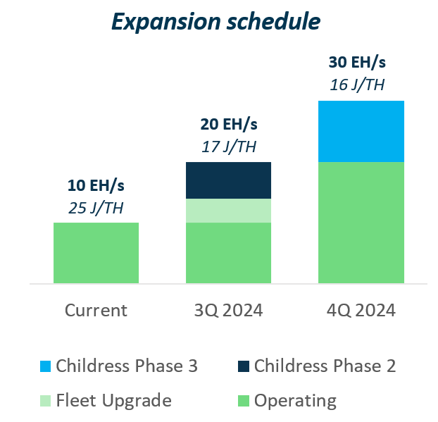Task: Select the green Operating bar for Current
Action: tap(96, 253)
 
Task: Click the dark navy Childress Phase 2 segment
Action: tap(228, 180)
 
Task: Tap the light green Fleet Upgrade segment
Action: tap(228, 211)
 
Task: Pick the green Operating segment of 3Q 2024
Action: tap(228, 253)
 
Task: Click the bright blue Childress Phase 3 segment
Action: tap(361, 131)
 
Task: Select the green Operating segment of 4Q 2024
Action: tap(361, 223)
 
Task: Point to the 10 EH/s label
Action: tap(96, 186)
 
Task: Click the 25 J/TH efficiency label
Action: tap(96, 208)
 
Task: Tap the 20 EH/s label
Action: tap(228, 125)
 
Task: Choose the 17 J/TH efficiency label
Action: tap(228, 147)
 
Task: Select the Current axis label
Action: tap(96, 310)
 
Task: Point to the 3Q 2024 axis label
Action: tap(228, 310)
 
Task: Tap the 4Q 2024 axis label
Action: tap(361, 310)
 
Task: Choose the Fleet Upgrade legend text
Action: tap(113, 401)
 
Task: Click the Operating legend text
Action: tap(295, 401)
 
